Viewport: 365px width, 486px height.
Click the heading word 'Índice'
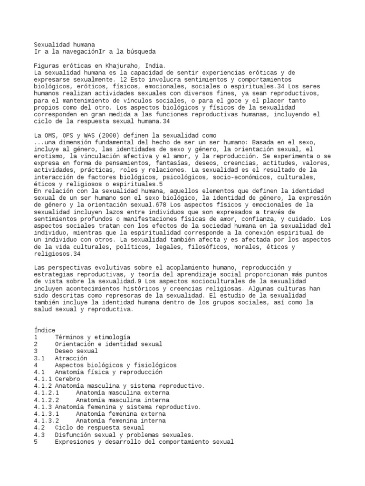coord(45,330)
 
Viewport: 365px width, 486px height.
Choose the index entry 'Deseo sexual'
coord(77,351)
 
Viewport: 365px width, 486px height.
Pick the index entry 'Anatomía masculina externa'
coord(123,393)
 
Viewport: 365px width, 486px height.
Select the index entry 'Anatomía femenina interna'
coord(121,421)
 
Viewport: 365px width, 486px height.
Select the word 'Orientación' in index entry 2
coord(75,344)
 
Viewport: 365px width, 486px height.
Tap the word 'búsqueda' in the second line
coord(140,51)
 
